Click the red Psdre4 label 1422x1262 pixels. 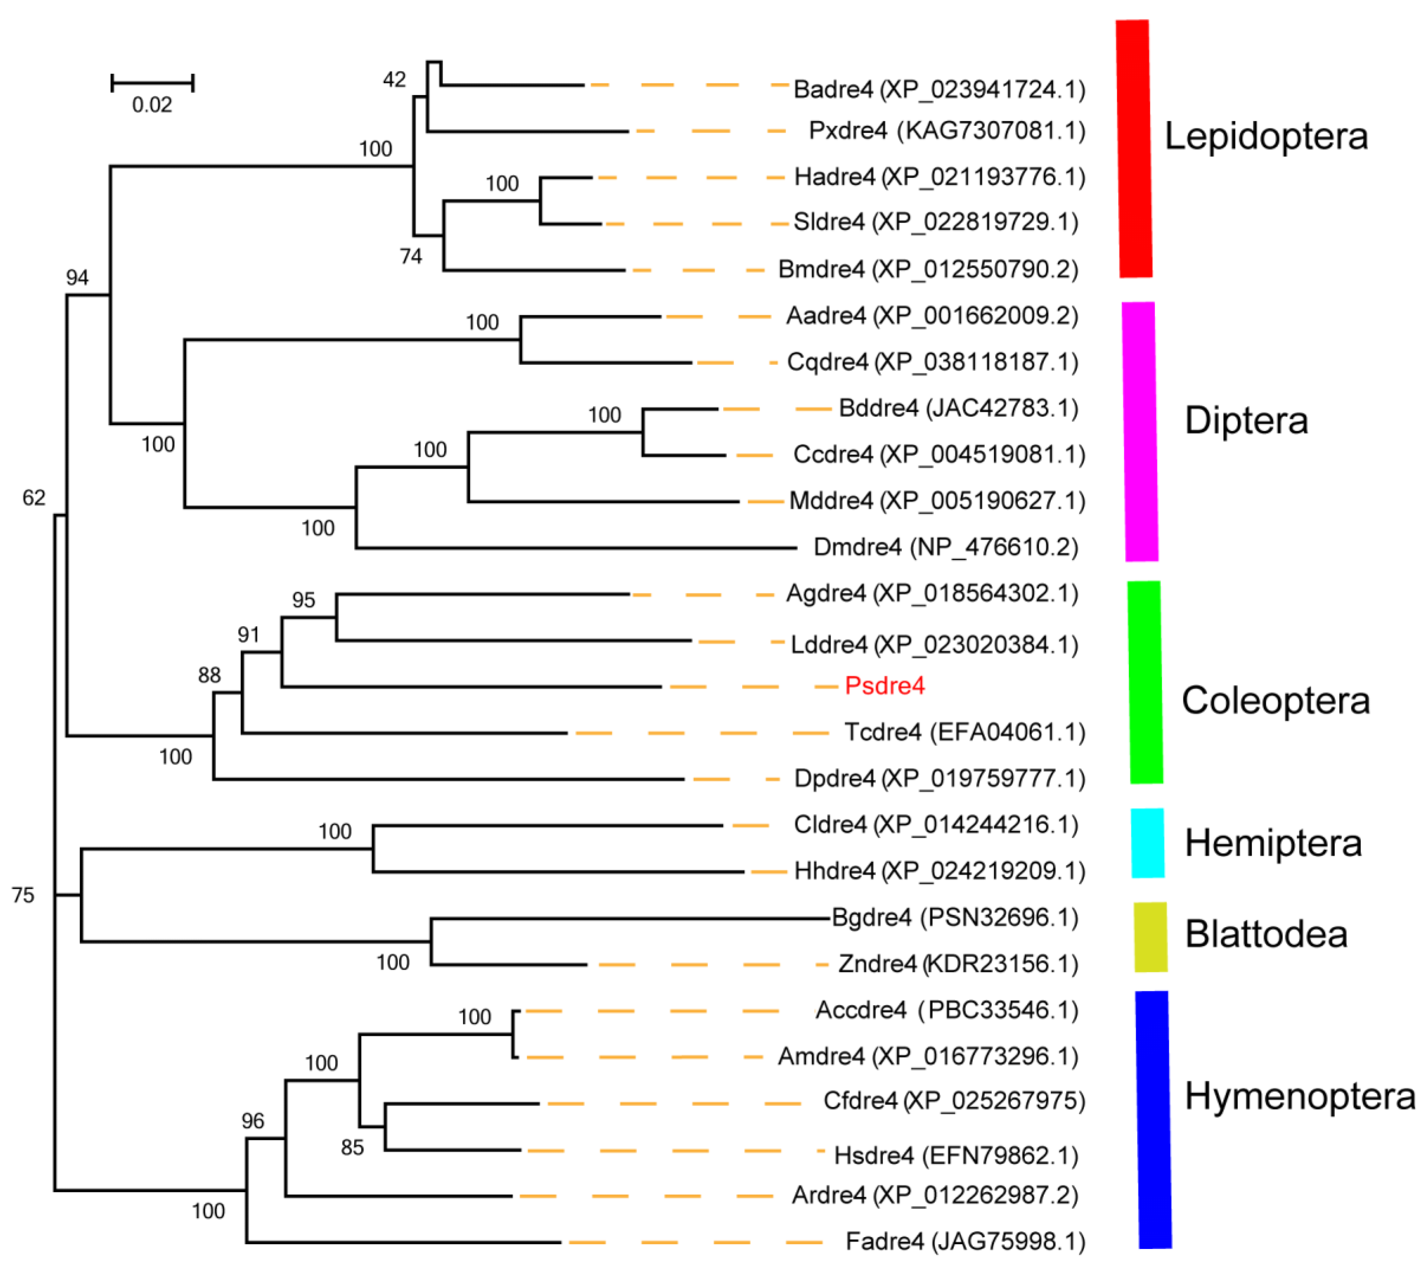[x=884, y=686]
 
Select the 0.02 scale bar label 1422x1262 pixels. [x=152, y=105]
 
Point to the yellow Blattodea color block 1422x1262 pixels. [x=1150, y=937]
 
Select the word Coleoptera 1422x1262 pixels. [x=1275, y=701]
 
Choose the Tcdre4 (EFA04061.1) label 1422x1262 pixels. [x=964, y=732]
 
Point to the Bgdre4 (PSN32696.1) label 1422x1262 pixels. [x=954, y=918]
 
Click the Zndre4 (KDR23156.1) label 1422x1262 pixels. [x=958, y=964]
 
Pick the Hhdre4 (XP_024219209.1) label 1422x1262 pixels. [x=939, y=871]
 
